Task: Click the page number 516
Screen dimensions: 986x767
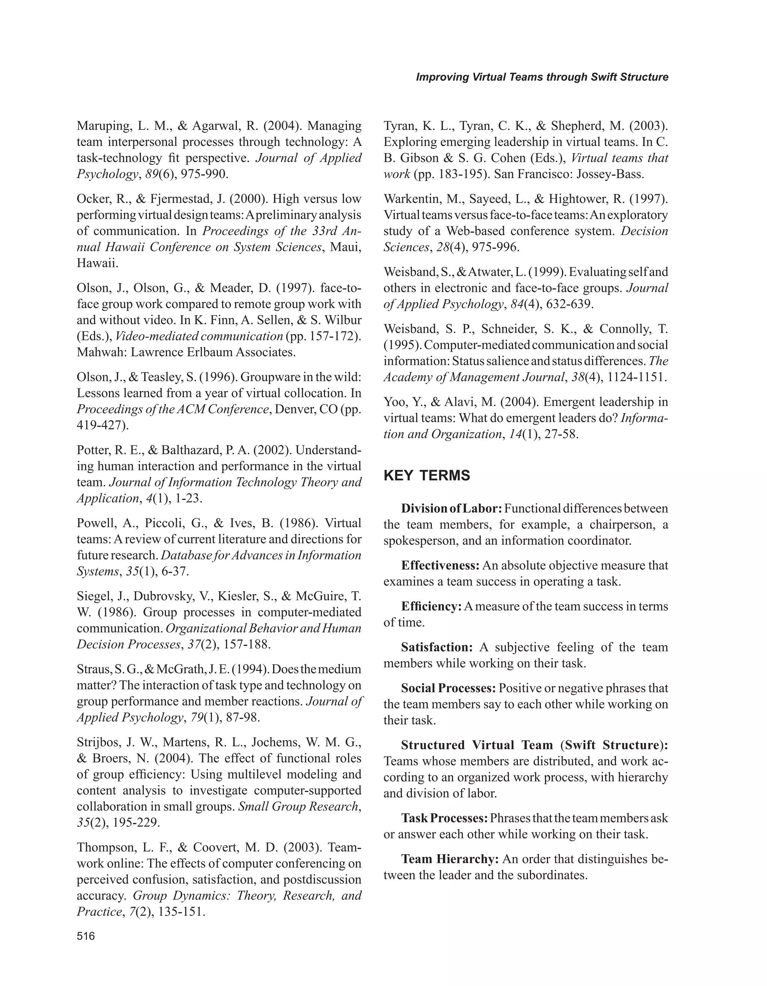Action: tap(86, 936)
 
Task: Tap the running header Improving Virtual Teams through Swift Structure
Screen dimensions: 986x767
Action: tap(542, 77)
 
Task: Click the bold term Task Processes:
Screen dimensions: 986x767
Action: tap(444, 818)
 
